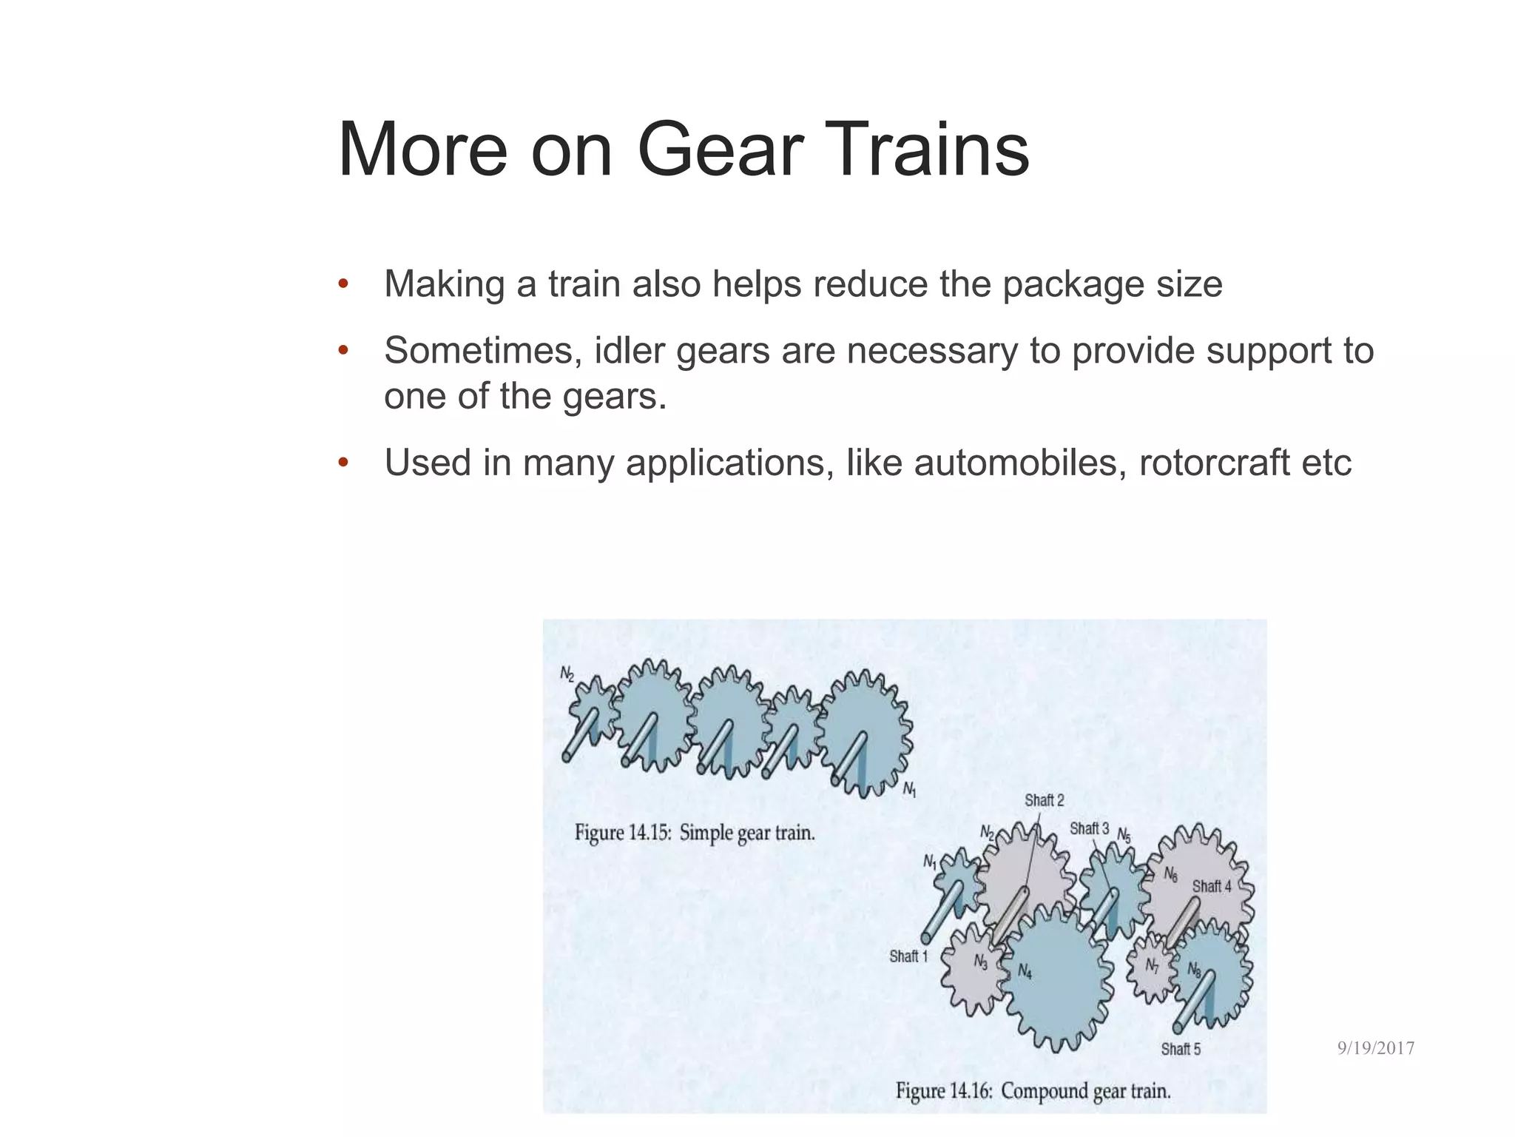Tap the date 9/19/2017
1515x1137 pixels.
click(x=1376, y=1048)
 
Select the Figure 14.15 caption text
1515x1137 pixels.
click(x=695, y=833)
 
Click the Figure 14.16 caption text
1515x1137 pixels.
click(x=1033, y=1091)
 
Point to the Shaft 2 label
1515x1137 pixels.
click(x=1044, y=800)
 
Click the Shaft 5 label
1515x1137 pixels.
click(x=1181, y=1049)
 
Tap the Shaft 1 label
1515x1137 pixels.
click(x=908, y=956)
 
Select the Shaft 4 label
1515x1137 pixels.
click(x=1212, y=886)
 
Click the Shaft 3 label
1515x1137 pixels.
click(x=1089, y=829)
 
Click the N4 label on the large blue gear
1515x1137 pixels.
click(x=1025, y=972)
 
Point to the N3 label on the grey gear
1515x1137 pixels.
click(x=980, y=962)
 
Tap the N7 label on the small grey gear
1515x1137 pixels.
click(x=1152, y=966)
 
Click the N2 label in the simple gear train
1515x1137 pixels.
click(x=567, y=674)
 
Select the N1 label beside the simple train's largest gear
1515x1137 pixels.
click(x=909, y=790)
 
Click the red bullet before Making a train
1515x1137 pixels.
click(x=343, y=284)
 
